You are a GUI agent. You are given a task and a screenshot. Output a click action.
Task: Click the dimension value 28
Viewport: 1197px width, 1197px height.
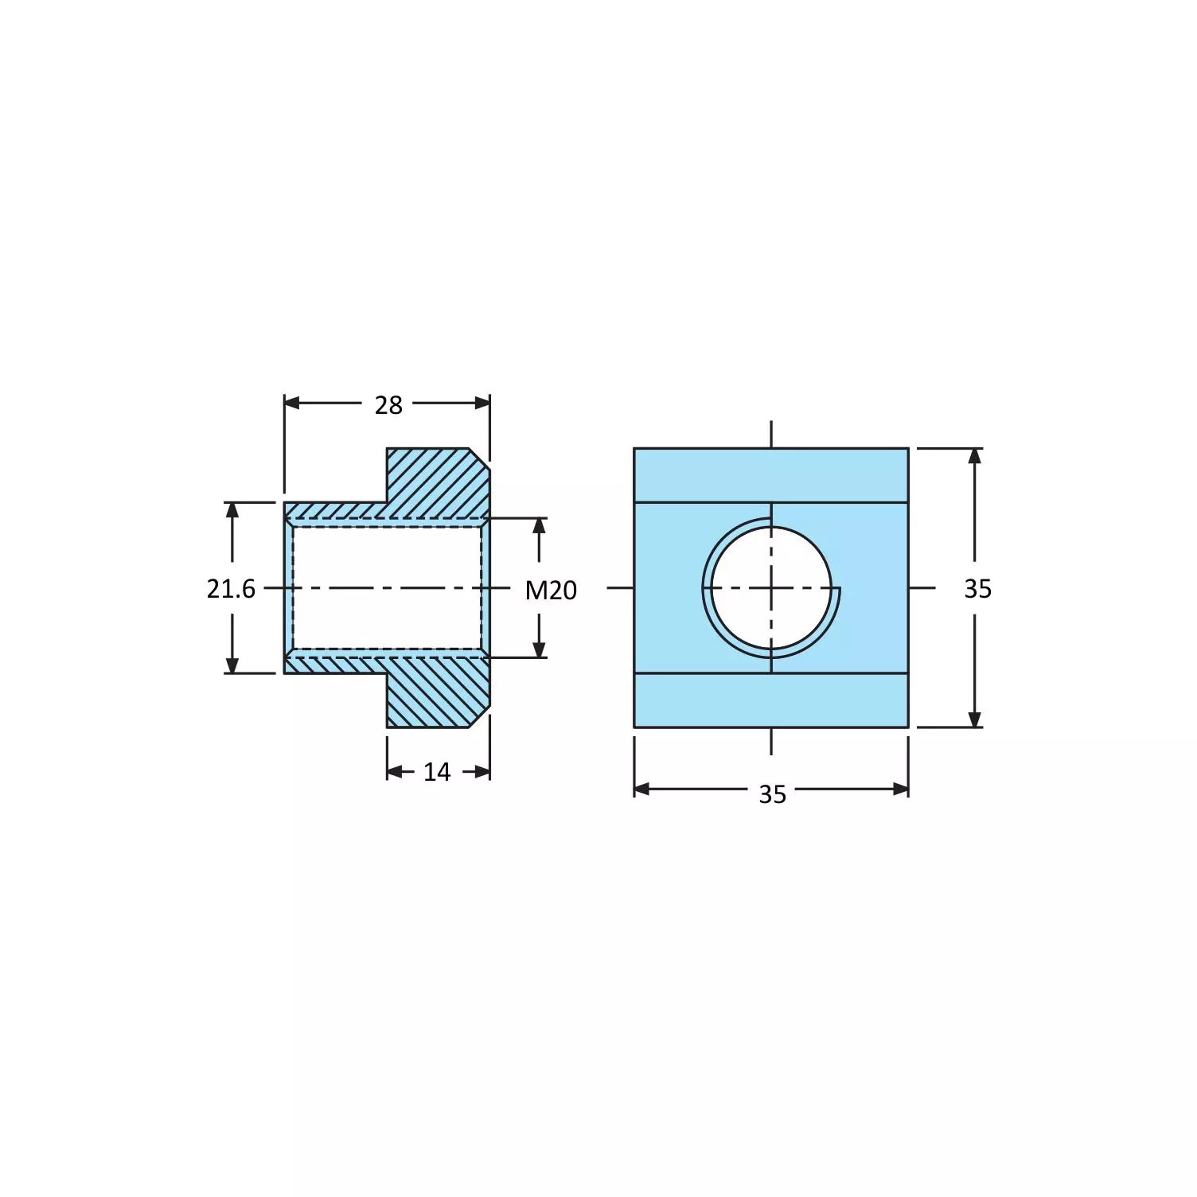(x=388, y=405)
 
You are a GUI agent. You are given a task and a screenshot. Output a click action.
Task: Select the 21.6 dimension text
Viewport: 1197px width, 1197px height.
(x=231, y=589)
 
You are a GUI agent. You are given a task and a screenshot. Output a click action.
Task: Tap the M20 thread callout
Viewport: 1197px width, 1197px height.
(x=551, y=591)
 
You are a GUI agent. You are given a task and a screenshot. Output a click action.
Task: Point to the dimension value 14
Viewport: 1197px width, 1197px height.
(x=437, y=772)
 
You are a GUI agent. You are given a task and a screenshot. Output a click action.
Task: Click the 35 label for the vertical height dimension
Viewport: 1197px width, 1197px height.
(x=977, y=589)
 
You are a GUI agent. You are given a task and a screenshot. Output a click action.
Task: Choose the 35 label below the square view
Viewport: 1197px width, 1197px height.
(x=772, y=794)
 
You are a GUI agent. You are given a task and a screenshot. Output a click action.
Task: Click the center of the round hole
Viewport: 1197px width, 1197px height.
(x=771, y=588)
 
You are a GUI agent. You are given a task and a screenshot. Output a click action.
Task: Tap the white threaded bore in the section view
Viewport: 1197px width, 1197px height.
(x=387, y=588)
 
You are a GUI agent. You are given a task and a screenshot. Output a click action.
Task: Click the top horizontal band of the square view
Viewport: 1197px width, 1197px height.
(x=771, y=475)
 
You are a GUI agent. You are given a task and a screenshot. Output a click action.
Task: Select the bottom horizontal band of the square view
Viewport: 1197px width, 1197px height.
(x=771, y=700)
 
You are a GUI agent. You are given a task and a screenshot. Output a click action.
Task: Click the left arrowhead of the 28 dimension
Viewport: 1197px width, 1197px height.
(x=292, y=403)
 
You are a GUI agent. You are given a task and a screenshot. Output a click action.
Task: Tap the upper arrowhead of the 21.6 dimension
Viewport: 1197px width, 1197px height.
(x=232, y=510)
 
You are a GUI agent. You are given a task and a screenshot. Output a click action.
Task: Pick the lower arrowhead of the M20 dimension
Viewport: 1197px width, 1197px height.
(x=540, y=649)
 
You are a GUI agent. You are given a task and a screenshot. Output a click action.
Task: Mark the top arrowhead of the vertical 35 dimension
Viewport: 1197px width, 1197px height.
(x=975, y=456)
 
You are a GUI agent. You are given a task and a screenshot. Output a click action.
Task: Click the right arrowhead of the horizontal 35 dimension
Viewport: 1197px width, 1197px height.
(x=900, y=790)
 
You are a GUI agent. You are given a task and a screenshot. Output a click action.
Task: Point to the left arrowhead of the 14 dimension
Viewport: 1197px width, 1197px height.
(x=395, y=771)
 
